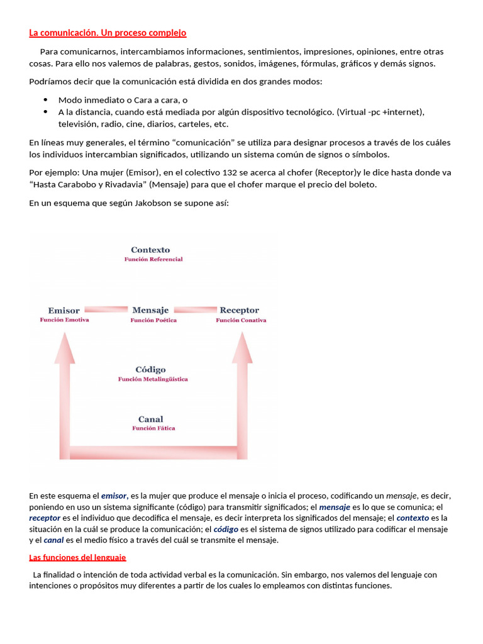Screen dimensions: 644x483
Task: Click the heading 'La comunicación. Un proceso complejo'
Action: point(108,33)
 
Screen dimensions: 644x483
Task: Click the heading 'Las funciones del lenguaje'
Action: point(77,557)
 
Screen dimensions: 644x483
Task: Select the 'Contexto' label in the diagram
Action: point(150,250)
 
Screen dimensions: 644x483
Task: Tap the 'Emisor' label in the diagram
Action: point(64,310)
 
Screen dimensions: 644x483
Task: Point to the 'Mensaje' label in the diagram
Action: point(150,310)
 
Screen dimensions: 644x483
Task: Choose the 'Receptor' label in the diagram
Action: point(239,310)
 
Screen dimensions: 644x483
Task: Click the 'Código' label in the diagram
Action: point(150,370)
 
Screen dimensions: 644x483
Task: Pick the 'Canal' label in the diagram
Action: point(150,419)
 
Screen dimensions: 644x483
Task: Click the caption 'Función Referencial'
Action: point(153,259)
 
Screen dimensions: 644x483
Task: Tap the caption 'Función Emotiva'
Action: point(64,319)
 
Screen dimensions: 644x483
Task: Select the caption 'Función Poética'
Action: point(153,320)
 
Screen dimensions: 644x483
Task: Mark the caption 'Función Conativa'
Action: point(241,320)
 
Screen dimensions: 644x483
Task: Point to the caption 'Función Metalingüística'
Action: point(153,379)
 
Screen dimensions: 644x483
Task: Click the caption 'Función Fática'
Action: point(153,428)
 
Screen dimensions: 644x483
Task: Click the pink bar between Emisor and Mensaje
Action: point(106,309)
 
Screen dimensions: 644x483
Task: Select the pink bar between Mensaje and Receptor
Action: point(195,309)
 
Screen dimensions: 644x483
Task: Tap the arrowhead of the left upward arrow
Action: point(64,346)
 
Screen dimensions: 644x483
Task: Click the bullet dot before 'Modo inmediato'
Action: point(46,99)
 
